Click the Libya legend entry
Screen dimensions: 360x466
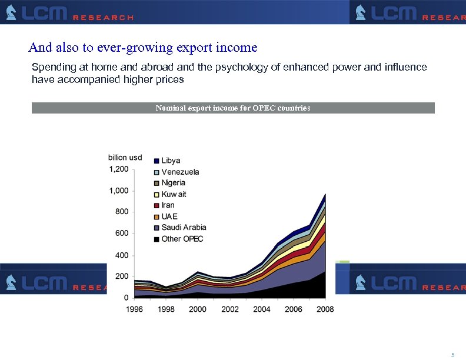point(171,161)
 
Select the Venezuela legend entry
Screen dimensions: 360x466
point(180,172)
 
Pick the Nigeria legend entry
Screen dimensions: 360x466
point(173,183)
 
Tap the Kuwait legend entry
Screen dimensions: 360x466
point(174,194)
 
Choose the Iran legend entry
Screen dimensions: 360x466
point(168,205)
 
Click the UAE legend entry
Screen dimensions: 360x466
point(169,216)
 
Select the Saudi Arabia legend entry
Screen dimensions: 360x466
point(184,228)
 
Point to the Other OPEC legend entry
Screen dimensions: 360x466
point(182,239)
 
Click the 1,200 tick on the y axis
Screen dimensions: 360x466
point(118,169)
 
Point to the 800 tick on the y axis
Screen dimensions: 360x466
point(122,212)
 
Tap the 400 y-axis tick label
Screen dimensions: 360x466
point(122,255)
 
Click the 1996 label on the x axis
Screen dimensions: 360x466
point(135,309)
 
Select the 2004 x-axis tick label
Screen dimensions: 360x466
point(262,309)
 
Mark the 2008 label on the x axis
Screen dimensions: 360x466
point(325,309)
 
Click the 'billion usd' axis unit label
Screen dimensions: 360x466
point(125,158)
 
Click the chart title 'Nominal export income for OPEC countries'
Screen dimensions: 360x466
point(233,108)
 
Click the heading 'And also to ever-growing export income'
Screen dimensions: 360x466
point(143,46)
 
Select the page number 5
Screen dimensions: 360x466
point(452,355)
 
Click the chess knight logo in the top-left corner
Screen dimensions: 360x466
point(11,12)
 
